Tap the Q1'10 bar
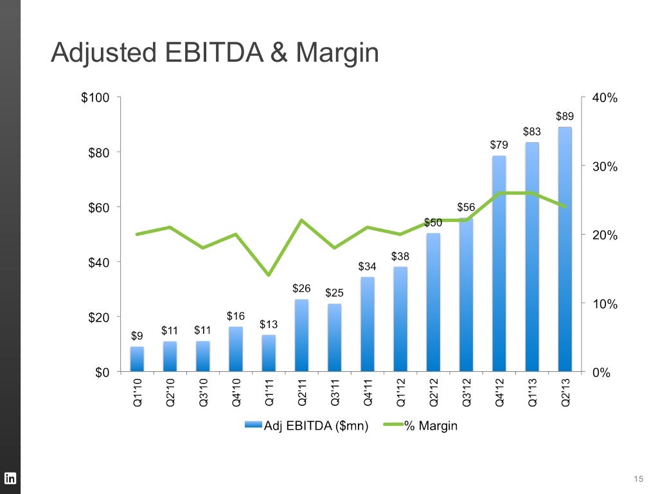(x=137, y=359)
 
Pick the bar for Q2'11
(x=301, y=336)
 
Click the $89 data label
(x=564, y=116)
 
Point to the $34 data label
(x=367, y=266)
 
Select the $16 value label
(x=236, y=316)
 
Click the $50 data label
(x=433, y=223)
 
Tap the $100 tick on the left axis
(x=95, y=98)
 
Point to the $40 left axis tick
(x=98, y=262)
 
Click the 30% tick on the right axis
(x=604, y=167)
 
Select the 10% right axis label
(x=604, y=304)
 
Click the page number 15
(x=637, y=478)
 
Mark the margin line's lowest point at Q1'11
(x=269, y=275)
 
